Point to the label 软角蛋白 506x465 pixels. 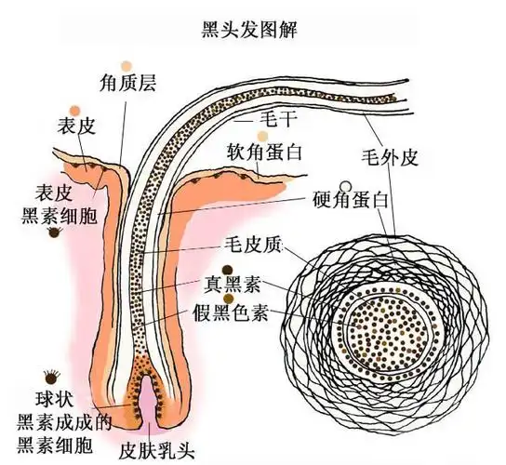(266, 150)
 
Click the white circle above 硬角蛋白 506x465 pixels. (346, 185)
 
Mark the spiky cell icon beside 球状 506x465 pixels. (52, 381)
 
